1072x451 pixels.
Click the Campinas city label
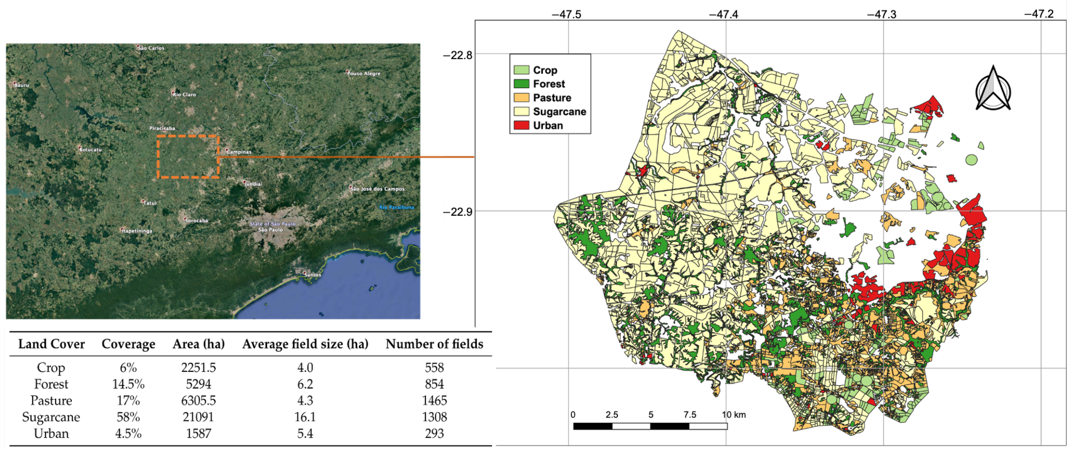point(239,152)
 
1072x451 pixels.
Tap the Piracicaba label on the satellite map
point(162,128)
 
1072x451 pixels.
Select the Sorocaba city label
point(196,221)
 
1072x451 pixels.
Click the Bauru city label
point(22,85)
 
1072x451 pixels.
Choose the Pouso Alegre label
point(364,74)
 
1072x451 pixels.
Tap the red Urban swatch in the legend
point(521,125)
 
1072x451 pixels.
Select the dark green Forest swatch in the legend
point(521,84)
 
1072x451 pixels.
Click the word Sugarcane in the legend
point(559,112)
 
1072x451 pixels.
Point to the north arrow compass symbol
point(993,89)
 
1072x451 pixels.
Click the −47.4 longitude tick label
point(724,15)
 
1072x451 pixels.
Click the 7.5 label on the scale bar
point(690,415)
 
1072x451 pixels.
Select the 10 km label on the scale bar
point(734,415)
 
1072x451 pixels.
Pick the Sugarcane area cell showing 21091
point(198,417)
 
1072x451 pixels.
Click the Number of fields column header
point(434,344)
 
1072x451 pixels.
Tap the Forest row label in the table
point(51,384)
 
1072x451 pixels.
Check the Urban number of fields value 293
point(434,434)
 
